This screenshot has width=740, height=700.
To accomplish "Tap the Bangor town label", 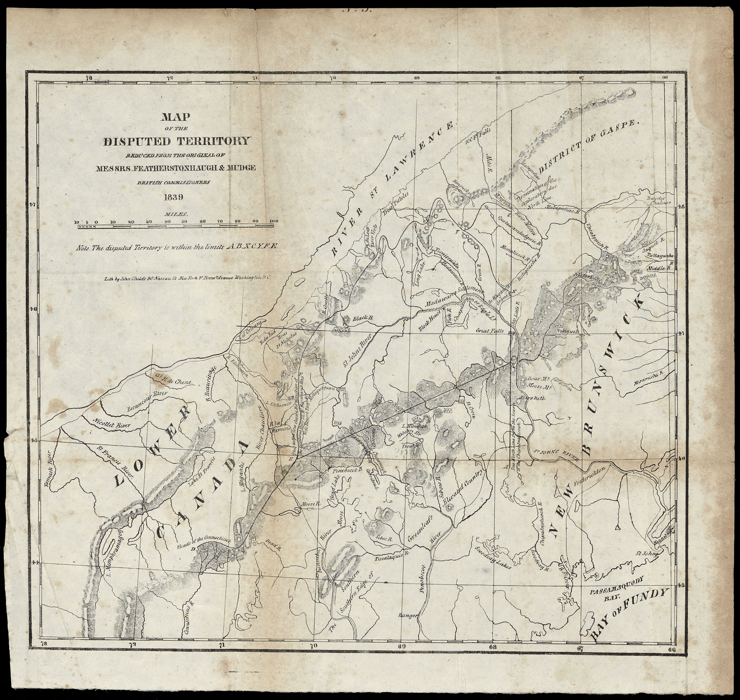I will point(409,616).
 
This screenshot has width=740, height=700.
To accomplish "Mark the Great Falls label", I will point(489,332).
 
